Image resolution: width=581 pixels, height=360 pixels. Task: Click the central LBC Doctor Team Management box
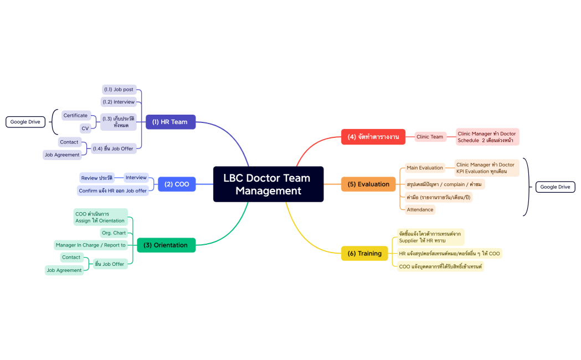coord(268,184)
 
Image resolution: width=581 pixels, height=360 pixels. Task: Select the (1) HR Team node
coord(170,122)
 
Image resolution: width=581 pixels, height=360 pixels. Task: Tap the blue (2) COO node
coord(177,184)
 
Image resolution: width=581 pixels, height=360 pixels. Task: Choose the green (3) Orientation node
coord(166,245)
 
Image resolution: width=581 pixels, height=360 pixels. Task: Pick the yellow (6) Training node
coord(364,254)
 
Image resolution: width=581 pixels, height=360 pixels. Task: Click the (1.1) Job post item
coord(119,89)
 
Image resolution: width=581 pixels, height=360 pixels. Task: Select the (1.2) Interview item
coord(119,102)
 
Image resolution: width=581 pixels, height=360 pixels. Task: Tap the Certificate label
coord(75,115)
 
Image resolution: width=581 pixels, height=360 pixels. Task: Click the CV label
coord(85,128)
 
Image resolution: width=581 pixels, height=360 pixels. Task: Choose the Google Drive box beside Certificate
coord(25,122)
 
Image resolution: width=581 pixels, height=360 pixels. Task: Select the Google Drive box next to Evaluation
coord(555,187)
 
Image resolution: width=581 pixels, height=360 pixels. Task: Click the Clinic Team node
coord(430,137)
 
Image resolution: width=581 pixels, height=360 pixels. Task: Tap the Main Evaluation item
coord(424,168)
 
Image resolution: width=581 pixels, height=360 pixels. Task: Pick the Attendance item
coord(420,209)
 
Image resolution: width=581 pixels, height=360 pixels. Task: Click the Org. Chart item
coord(114,233)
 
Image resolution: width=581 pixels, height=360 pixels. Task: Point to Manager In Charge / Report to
coord(90,245)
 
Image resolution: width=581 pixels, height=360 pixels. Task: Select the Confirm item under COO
coord(112,191)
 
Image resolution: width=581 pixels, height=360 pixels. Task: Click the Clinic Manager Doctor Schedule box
coord(487,137)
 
